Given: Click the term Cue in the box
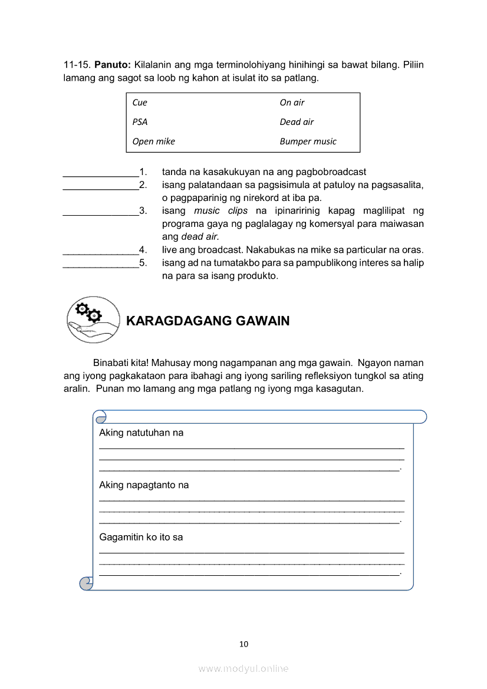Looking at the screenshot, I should point(140,103).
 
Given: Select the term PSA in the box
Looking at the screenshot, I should point(140,122).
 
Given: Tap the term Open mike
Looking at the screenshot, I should point(153,141).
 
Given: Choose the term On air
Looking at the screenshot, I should point(292,103).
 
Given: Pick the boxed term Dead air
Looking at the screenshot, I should point(297,122).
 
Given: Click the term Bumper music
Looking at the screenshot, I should point(308,141).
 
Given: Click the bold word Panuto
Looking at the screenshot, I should point(113,64).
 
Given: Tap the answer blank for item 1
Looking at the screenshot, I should point(100,173).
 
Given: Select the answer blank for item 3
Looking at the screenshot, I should point(100,211).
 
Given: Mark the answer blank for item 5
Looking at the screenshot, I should point(100,263).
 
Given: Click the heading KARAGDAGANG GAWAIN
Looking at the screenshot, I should point(208,321).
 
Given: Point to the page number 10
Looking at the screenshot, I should point(244,644).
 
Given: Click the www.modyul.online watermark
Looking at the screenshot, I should point(244,669).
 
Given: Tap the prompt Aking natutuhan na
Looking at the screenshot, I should point(141,433).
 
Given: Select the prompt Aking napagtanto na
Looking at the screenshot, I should point(144,485).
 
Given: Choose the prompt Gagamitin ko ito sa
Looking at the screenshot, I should point(141,538).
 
